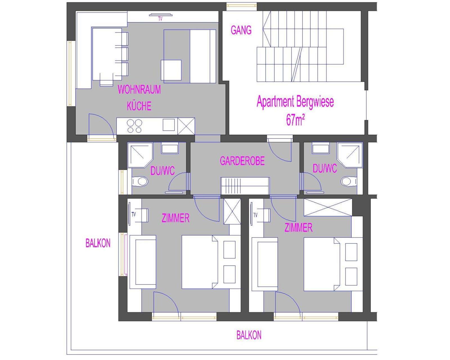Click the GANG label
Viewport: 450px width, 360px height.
click(241, 30)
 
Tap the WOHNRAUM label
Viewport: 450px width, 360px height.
click(139, 89)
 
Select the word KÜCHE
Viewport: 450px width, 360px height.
click(139, 106)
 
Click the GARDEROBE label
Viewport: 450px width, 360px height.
click(242, 161)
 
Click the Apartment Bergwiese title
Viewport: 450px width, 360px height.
click(295, 102)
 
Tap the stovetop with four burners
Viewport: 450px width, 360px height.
click(134, 126)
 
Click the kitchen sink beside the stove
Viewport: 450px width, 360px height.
click(168, 125)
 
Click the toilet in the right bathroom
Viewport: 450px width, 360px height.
click(349, 181)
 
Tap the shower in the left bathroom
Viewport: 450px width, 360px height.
click(140, 155)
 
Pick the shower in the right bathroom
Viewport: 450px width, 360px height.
click(350, 155)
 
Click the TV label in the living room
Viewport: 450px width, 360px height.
click(160, 19)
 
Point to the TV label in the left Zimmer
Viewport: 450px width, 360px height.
click(134, 215)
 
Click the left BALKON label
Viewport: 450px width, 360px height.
click(98, 243)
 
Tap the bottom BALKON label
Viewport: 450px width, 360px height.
click(249, 335)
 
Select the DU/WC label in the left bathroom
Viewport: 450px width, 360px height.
click(162, 171)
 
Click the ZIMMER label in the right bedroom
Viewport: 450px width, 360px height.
click(298, 227)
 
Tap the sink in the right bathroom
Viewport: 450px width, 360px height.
click(321, 148)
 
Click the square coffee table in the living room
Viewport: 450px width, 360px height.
click(171, 70)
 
